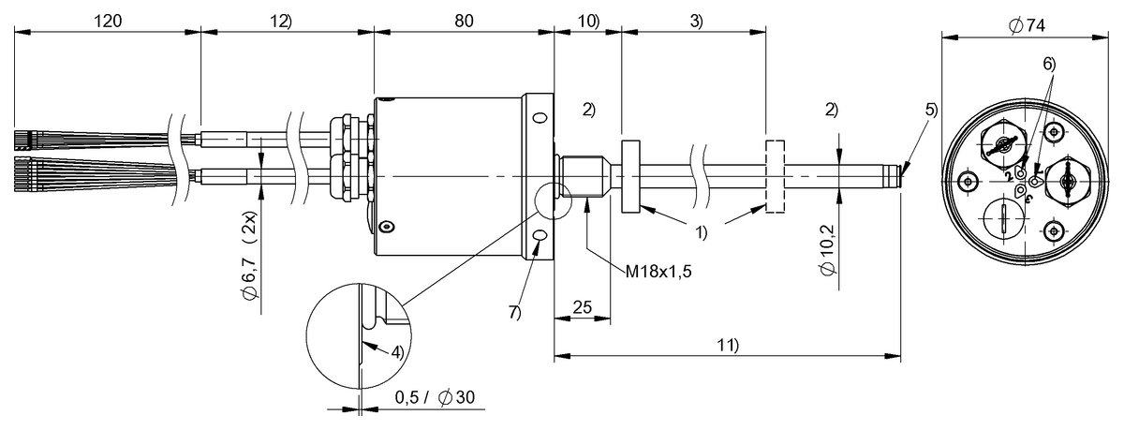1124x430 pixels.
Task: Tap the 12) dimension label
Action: (281, 19)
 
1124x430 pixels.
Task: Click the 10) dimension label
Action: (587, 19)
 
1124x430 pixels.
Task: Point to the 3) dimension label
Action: (695, 19)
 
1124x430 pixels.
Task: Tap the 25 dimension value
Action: (582, 306)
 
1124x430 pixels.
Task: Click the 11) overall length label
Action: (727, 344)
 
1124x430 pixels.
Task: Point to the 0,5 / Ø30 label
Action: (435, 397)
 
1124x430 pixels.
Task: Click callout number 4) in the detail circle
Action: (397, 353)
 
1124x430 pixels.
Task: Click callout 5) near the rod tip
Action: (930, 109)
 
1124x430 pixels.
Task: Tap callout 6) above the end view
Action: (1048, 64)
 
